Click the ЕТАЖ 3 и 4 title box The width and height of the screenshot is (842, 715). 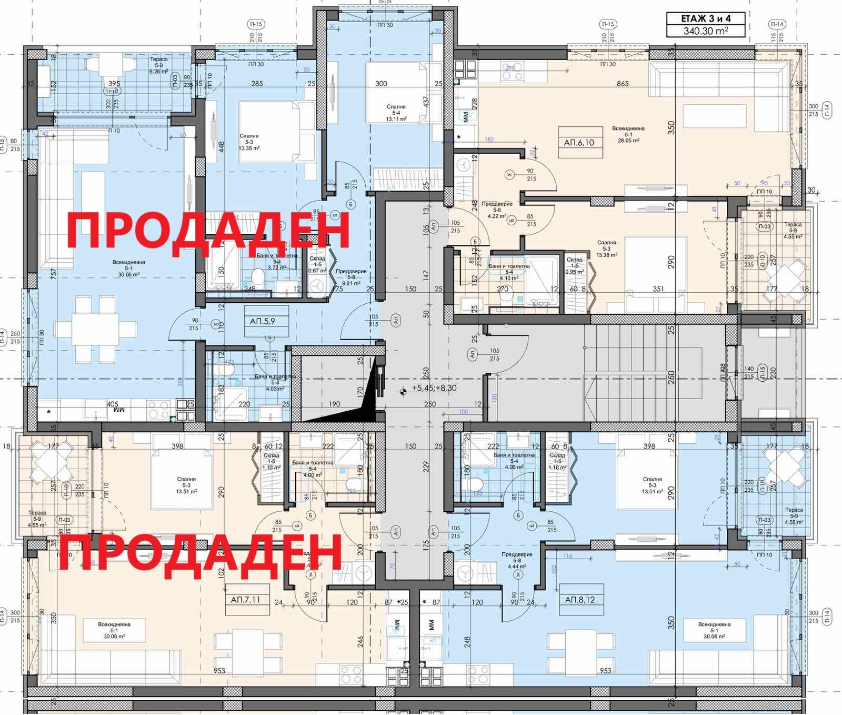[706, 18]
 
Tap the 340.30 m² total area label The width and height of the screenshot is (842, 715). [706, 31]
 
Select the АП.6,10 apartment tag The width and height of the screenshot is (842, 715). [579, 142]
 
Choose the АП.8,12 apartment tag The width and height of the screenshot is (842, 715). [580, 600]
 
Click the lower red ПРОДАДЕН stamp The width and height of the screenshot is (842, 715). [200, 552]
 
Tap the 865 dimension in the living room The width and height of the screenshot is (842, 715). [623, 84]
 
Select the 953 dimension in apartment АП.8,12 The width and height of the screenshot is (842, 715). [605, 670]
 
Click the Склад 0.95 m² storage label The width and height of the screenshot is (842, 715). [574, 266]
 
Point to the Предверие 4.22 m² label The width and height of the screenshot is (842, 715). [496, 212]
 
